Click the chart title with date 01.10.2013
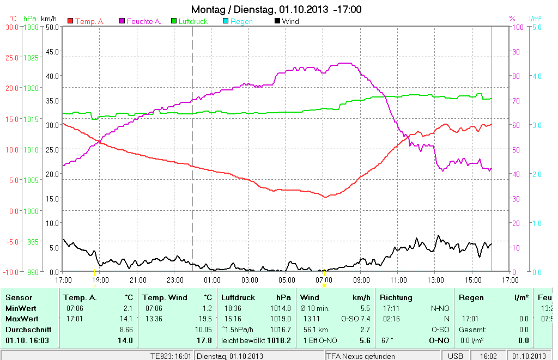point(276,10)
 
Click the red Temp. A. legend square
point(70,21)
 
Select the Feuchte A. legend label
point(144,21)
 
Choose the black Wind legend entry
point(290,21)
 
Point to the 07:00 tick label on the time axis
point(324,280)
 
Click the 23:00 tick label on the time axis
point(175,280)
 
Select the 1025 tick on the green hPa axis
point(31,57)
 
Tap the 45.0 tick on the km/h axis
point(52,52)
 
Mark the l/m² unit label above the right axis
point(535,19)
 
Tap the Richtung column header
point(396,298)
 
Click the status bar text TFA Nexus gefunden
point(361,356)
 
